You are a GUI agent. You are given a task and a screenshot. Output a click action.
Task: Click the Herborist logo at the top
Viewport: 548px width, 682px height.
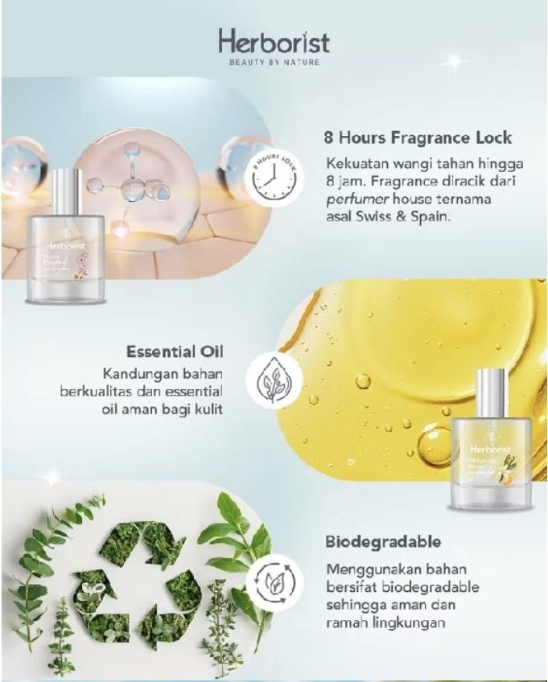click(274, 42)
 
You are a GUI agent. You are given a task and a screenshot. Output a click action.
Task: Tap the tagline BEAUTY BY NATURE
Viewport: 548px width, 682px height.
click(274, 62)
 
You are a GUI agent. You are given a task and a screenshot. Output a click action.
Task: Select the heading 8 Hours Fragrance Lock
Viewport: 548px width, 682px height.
click(417, 137)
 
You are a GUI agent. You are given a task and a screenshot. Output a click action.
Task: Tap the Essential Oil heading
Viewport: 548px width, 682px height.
click(174, 351)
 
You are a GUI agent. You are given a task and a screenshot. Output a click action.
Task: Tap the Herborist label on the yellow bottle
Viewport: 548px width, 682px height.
click(492, 447)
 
